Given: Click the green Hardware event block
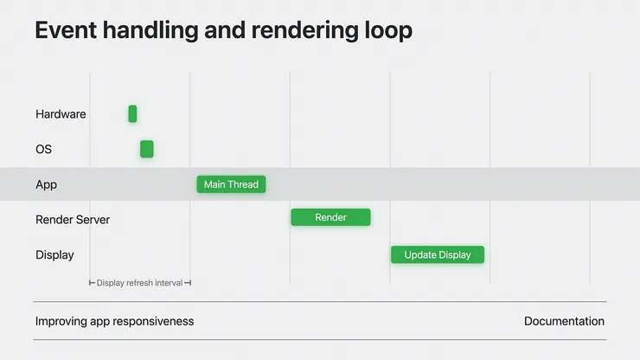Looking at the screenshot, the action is [x=132, y=113].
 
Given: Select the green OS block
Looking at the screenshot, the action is [x=147, y=149].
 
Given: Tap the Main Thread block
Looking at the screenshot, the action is [x=231, y=184].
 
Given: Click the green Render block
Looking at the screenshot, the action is [x=330, y=217].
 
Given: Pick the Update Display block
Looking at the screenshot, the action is [x=438, y=254].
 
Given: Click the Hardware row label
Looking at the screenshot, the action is [x=61, y=114].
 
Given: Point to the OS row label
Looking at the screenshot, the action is [x=43, y=149].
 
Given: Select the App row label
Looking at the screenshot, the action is [x=46, y=184].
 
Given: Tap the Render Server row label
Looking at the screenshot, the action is [x=73, y=220].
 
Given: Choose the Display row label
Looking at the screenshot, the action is [x=54, y=255].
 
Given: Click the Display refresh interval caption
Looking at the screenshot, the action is [x=139, y=283].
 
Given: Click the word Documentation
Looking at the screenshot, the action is [x=564, y=321].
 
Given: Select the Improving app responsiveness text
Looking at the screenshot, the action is [x=115, y=322].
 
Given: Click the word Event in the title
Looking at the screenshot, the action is [x=66, y=30].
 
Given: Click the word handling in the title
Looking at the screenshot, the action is [x=150, y=31].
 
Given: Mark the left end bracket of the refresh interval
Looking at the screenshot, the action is [x=92, y=283].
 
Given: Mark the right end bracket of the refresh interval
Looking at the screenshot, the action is [x=188, y=283].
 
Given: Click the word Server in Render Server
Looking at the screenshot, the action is [x=93, y=220].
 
